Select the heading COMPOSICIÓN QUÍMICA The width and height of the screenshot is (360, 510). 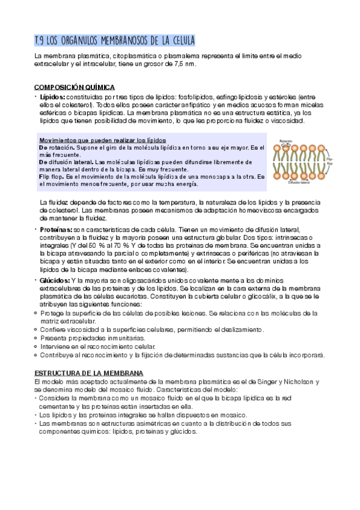point(75,87)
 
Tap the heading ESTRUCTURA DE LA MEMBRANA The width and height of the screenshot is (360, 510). point(89,373)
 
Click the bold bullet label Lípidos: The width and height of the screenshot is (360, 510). point(53,96)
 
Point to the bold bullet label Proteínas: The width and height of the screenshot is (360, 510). point(56,230)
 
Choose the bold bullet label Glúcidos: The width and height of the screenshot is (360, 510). point(55,281)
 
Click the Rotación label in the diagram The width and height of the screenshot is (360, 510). point(286,143)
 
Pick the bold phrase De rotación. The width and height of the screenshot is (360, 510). point(56,147)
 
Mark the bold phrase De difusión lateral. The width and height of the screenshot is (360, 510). point(66,162)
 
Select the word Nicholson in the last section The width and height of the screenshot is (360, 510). point(297,382)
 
